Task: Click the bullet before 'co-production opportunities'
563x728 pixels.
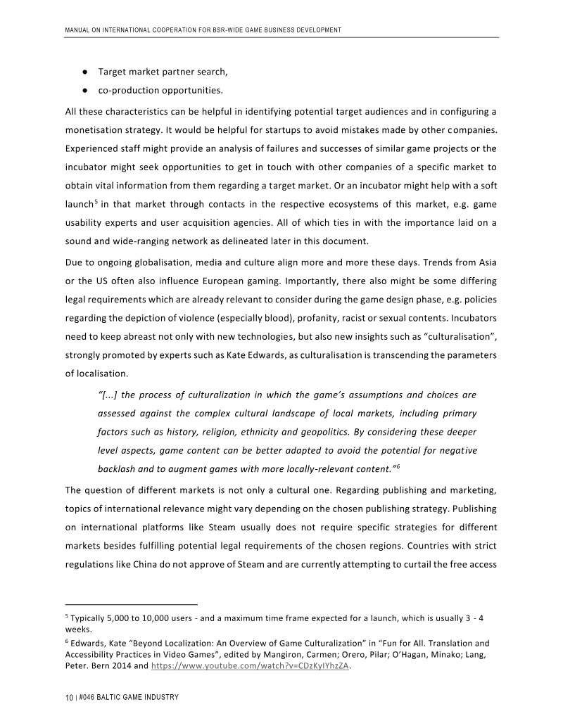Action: tap(84, 90)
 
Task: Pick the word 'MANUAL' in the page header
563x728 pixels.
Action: tap(79, 30)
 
